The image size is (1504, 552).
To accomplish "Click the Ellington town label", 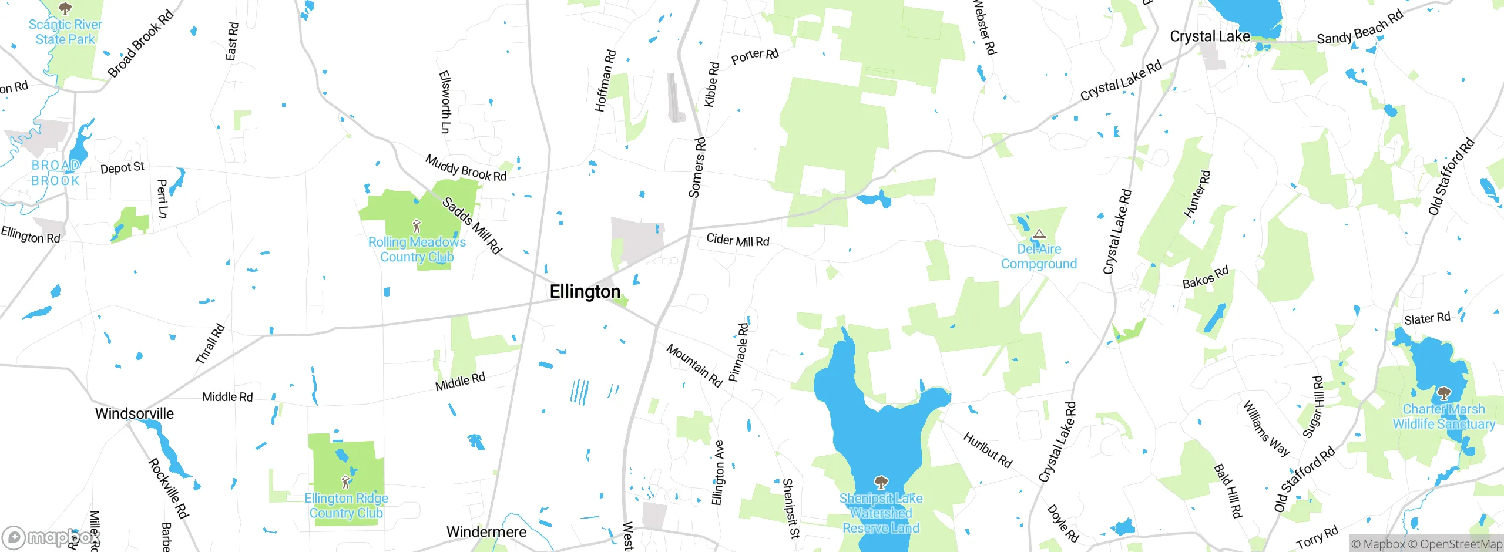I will (585, 292).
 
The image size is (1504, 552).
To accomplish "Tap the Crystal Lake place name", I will (1210, 36).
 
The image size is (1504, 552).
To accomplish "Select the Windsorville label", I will (135, 413).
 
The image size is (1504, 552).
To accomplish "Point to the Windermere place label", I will (486, 532).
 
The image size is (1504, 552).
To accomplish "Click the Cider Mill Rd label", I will (737, 240).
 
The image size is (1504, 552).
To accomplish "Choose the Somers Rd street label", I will (697, 167).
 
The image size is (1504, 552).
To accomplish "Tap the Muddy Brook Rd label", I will (466, 168).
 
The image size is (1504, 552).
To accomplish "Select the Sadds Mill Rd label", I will (472, 225).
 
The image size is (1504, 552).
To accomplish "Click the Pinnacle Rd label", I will (738, 352).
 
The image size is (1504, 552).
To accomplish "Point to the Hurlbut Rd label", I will (988, 450).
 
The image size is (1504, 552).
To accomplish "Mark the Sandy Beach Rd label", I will (1359, 28).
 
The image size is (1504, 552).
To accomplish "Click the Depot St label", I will (122, 168).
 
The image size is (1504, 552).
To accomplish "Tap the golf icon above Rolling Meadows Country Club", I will (417, 226).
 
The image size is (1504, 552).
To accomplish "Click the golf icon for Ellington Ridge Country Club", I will (345, 482).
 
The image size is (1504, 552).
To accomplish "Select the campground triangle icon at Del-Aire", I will (1039, 234).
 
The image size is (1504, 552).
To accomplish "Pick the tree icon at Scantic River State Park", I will (65, 8).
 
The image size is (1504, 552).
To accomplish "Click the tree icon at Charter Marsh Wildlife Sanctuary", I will (1443, 393).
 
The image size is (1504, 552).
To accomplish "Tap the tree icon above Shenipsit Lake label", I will (881, 483).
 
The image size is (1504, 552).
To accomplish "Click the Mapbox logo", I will (51, 537).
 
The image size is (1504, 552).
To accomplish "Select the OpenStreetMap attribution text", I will (1461, 544).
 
